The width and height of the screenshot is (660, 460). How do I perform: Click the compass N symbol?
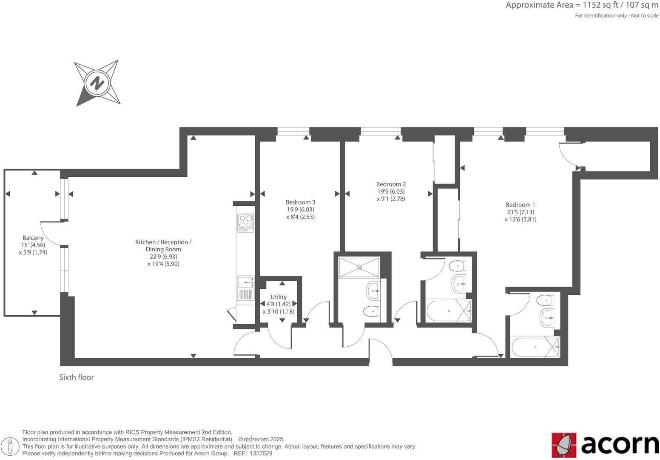97,83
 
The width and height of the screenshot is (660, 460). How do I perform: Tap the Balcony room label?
33,238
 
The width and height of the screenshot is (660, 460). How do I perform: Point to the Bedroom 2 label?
391,184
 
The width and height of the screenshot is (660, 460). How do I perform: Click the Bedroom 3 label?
300,202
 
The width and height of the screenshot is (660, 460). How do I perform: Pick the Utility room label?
279,297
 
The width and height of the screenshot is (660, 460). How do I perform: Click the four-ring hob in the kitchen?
245,222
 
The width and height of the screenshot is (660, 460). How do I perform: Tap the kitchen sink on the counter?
245,282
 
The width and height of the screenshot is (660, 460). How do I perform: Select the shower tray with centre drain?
359,267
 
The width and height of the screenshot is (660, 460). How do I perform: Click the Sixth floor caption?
77,377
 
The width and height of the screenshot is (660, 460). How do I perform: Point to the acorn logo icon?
564,445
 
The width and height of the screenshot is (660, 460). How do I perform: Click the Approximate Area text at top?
582,6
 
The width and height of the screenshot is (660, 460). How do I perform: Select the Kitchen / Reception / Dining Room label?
163,246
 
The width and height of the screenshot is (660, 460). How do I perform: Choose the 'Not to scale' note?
645,16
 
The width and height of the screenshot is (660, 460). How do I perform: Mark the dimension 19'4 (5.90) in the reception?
163,264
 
